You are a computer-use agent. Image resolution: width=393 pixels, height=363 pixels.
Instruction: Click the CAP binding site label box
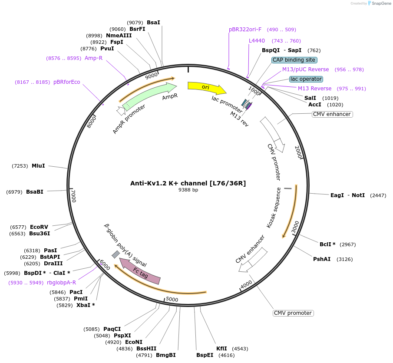tap(294, 60)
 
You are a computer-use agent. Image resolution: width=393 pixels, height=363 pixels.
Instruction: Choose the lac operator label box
tap(306, 79)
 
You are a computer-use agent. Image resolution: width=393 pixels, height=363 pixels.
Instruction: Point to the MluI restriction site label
tap(38, 166)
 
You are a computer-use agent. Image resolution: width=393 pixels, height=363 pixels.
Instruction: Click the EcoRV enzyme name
tap(39, 227)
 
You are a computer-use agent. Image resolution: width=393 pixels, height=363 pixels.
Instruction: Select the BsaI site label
tap(153, 22)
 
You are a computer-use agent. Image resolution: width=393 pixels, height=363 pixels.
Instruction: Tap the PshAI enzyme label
tap(322, 259)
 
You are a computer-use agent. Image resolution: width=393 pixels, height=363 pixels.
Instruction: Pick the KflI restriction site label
tap(221, 349)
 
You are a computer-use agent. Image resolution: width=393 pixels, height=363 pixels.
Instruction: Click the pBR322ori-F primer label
tap(245, 30)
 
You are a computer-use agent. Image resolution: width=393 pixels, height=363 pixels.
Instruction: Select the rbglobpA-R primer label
tap(61, 282)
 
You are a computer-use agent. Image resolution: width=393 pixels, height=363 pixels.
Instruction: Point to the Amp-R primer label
tap(93, 58)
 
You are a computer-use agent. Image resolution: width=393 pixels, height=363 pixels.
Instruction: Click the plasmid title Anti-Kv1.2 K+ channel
tap(188, 183)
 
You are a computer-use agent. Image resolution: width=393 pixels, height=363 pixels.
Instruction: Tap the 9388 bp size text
tap(188, 190)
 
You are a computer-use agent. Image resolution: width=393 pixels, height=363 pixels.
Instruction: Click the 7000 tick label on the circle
tap(73, 196)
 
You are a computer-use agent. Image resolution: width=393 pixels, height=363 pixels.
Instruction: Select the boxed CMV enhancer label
tap(332, 114)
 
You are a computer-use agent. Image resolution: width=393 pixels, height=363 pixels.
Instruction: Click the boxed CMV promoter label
tap(293, 313)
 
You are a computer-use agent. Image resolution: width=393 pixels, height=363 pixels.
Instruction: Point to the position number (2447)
tap(378, 195)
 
